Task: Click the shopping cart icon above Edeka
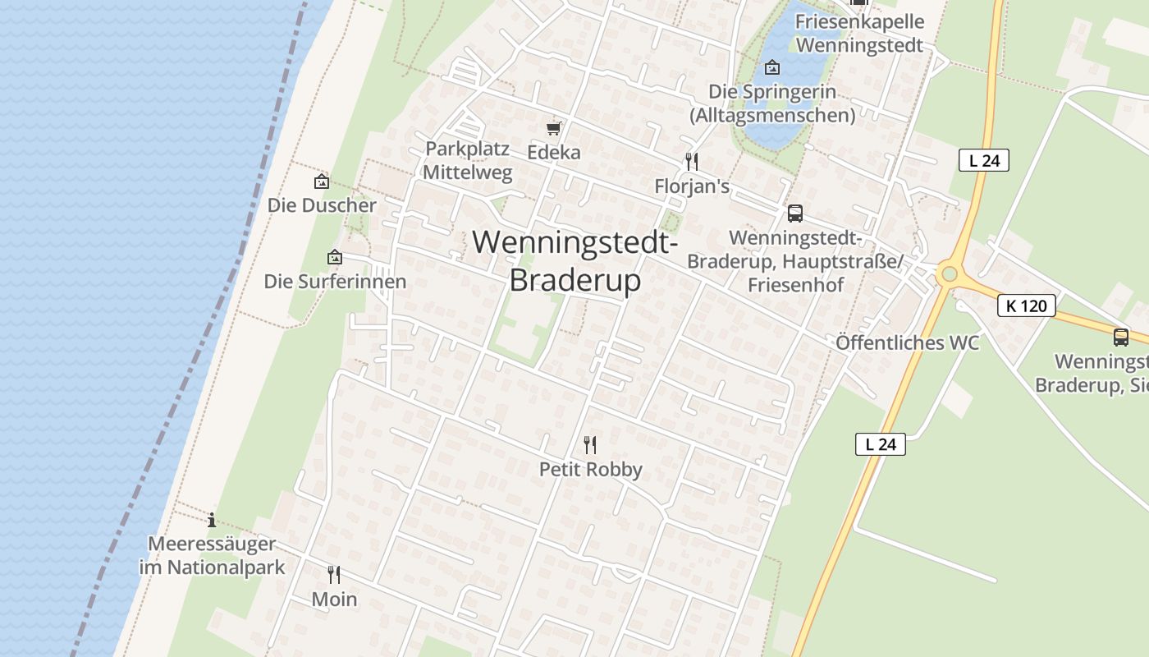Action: [x=554, y=128]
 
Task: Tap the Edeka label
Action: [x=554, y=152]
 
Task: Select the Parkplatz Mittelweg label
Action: [x=467, y=161]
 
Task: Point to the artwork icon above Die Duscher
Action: [x=322, y=181]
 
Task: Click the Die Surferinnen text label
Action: [x=335, y=282]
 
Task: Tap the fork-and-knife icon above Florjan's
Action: [x=692, y=161]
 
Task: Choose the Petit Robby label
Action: [x=590, y=470]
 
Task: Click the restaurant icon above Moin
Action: [x=334, y=574]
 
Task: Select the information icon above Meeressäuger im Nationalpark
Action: [x=212, y=520]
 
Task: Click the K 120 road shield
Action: [x=1026, y=306]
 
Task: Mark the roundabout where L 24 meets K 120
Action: [x=950, y=273]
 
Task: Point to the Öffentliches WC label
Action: [x=907, y=342]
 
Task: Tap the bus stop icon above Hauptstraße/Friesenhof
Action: [x=794, y=214]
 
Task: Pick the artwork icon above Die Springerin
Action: [x=772, y=67]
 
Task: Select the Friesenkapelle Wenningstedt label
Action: [x=860, y=34]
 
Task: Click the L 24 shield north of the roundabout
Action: [x=983, y=160]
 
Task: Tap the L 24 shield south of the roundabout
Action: [x=880, y=444]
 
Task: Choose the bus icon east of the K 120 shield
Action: [x=1121, y=337]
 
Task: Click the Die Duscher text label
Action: [x=322, y=205]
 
